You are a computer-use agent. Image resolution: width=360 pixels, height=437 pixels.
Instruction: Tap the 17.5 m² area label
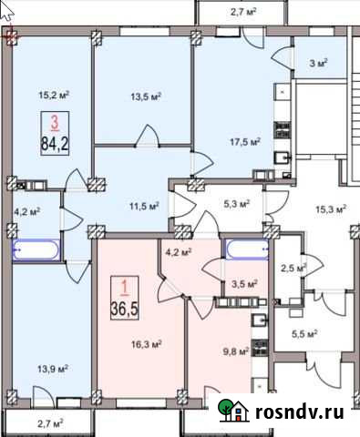tap(245, 141)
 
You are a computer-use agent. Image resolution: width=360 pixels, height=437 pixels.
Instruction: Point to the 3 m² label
tap(317, 64)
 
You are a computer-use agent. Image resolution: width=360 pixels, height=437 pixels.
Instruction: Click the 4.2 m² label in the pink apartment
tap(178, 251)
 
